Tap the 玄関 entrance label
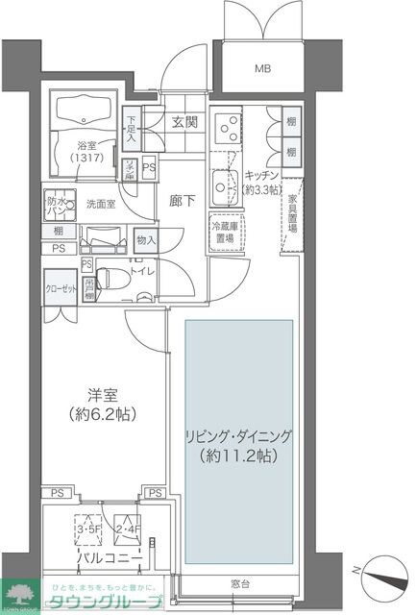(184, 122)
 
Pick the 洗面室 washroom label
(100, 204)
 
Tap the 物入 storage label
(146, 240)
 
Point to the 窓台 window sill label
(238, 583)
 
